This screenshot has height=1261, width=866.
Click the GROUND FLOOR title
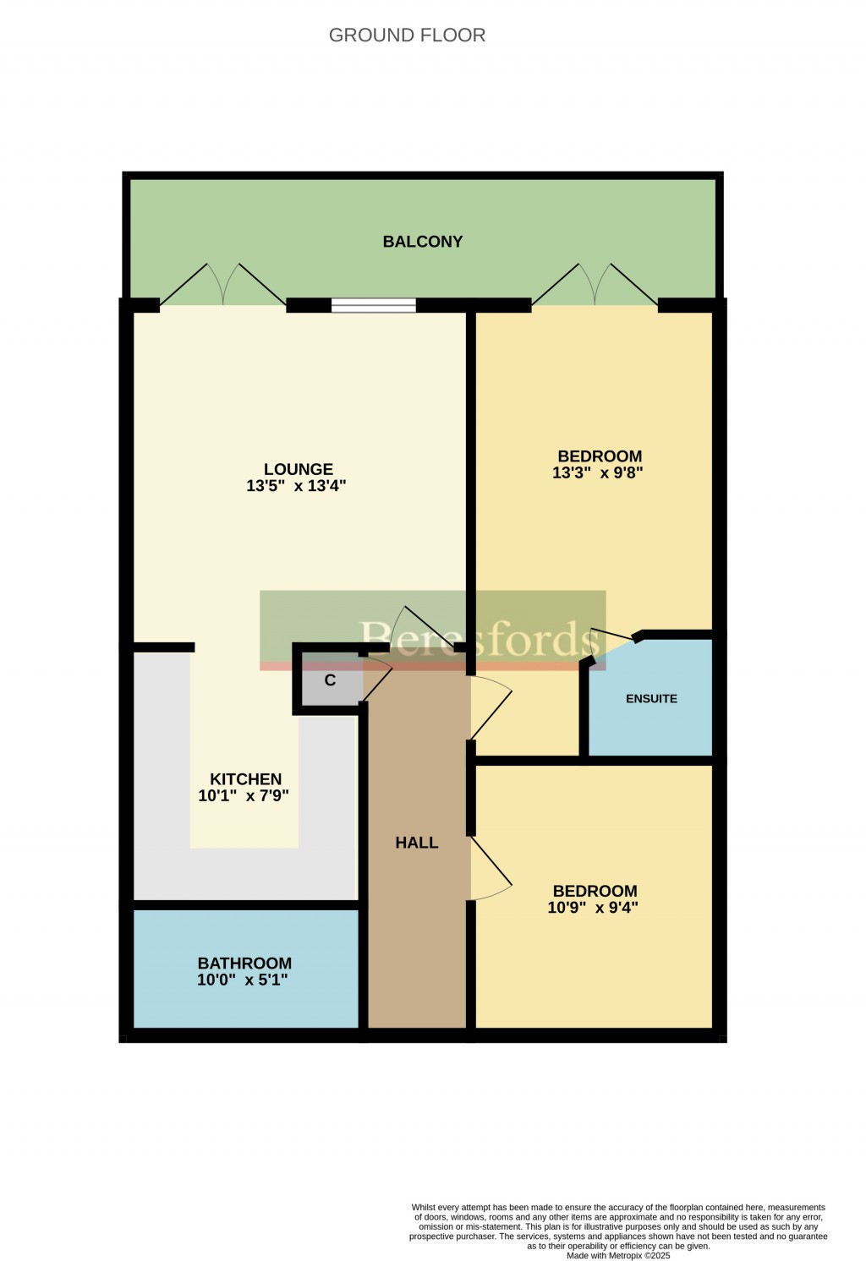(x=407, y=35)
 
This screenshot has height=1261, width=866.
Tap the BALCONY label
(x=423, y=242)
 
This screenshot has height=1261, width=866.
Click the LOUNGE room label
(x=299, y=469)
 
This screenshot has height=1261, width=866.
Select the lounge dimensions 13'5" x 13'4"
(x=297, y=486)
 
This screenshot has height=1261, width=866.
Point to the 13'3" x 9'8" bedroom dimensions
(x=598, y=473)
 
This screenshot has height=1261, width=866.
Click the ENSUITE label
(x=651, y=699)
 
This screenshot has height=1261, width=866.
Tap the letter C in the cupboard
(x=330, y=680)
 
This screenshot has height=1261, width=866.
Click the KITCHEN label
(x=245, y=779)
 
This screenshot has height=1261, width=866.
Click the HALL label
(x=417, y=843)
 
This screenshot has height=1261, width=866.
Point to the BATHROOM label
(x=244, y=963)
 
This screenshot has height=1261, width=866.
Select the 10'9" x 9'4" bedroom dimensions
(x=593, y=908)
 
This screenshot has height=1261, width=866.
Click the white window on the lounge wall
(x=373, y=305)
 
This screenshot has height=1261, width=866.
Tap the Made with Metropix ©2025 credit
(x=618, y=1256)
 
